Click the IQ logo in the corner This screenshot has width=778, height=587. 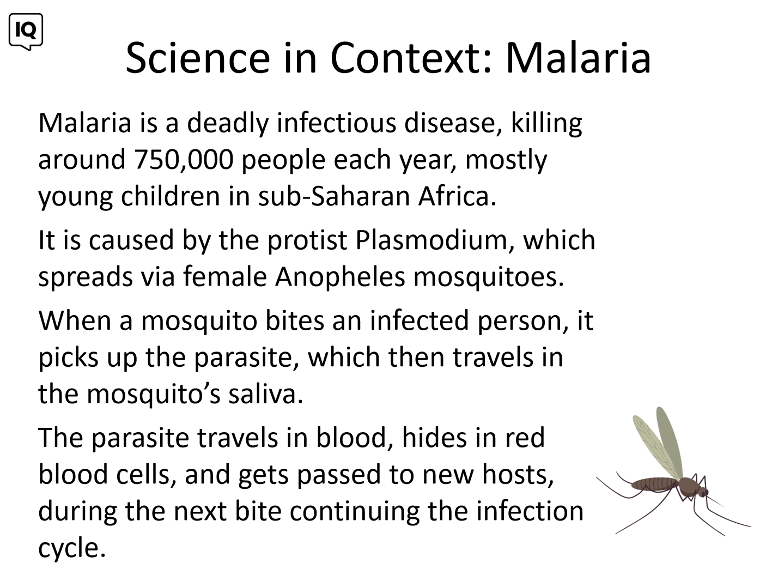[26, 32]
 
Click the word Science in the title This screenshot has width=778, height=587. [198, 57]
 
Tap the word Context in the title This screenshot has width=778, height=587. [405, 57]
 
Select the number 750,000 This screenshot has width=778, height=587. [184, 160]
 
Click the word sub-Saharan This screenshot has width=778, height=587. [334, 196]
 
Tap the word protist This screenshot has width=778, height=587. [307, 241]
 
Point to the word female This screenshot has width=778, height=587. [225, 277]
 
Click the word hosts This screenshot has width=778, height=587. [514, 475]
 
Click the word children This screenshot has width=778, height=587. [171, 196]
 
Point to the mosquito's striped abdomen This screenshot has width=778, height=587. [654, 484]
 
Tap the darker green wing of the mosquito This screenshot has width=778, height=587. [670, 442]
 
